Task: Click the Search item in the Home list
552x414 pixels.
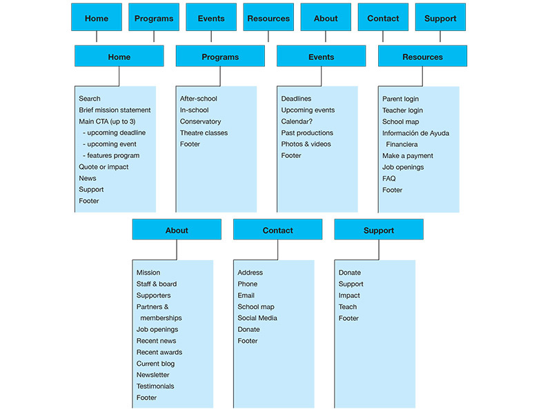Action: click(90, 99)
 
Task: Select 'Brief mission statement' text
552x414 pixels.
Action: click(115, 110)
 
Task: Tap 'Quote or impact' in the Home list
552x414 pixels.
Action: click(103, 167)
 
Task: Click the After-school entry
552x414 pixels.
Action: click(199, 99)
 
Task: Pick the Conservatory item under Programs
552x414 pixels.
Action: click(200, 121)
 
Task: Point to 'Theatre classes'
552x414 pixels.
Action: click(204, 133)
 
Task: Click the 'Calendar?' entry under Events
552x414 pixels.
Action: click(297, 121)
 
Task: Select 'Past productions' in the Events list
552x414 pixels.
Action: click(307, 133)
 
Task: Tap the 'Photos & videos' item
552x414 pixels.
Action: click(306, 144)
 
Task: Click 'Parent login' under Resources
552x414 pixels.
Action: click(401, 99)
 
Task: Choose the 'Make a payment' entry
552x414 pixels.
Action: click(408, 156)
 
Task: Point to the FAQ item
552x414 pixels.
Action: click(389, 179)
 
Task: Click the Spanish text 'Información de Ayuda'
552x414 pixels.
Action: click(415, 133)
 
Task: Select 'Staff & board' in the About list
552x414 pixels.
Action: click(157, 284)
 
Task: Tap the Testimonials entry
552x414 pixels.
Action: click(155, 386)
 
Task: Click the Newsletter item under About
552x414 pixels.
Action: click(152, 375)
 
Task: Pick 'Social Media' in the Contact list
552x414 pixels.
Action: click(257, 318)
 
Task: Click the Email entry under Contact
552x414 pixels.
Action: click(246, 295)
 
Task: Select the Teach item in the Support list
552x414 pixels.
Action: click(348, 307)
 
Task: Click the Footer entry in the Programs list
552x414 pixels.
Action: click(190, 144)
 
